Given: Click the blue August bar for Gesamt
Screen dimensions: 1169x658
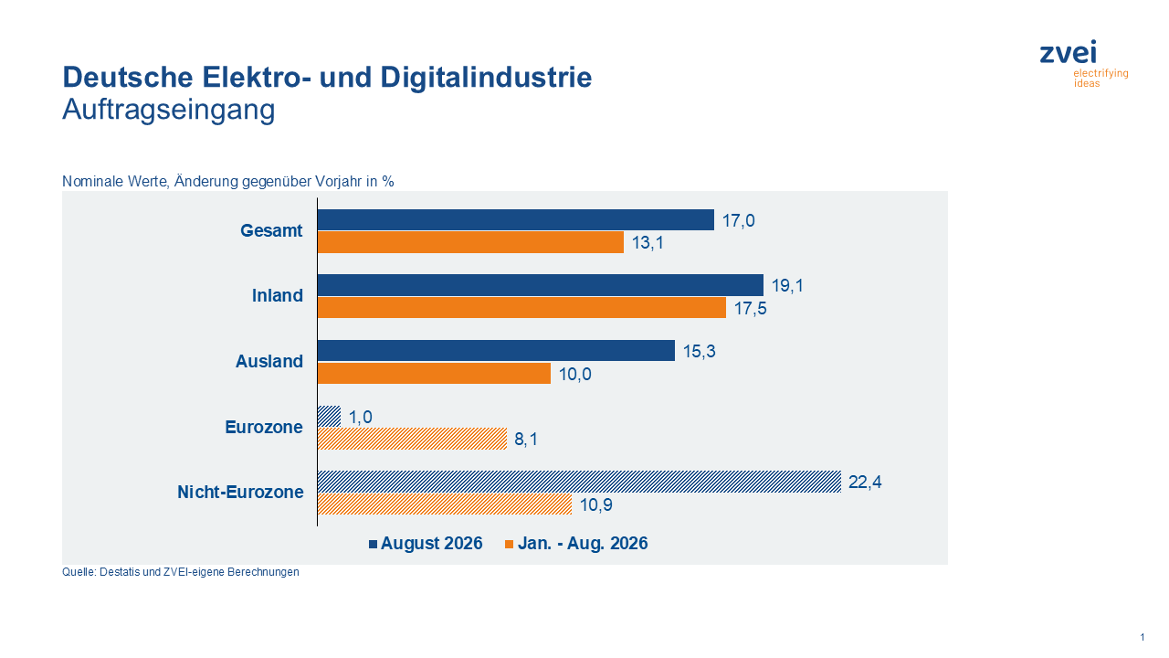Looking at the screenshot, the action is [x=516, y=220].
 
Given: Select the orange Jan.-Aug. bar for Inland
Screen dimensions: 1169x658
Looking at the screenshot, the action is [x=521, y=308].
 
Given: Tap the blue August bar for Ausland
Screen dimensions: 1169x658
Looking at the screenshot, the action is [x=496, y=350].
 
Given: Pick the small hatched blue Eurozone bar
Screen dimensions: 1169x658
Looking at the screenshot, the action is [x=330, y=416].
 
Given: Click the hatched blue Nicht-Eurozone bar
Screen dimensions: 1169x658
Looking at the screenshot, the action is [x=579, y=482].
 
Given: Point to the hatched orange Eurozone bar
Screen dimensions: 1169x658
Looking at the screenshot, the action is [x=412, y=439].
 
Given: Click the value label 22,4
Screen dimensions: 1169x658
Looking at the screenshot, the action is [x=865, y=482].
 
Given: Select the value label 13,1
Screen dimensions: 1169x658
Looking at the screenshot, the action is [x=648, y=243].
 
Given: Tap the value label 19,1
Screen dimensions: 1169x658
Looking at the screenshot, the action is [x=787, y=286].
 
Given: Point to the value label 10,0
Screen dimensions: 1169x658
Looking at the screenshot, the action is [x=575, y=374].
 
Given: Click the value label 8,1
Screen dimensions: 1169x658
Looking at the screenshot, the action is [x=526, y=440].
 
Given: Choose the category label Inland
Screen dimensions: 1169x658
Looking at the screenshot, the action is [x=277, y=295].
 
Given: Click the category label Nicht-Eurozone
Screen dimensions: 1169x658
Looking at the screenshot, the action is [x=240, y=492].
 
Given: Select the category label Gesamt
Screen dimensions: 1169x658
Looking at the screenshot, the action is [x=271, y=230].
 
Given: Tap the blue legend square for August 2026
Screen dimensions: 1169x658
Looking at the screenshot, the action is [x=374, y=544].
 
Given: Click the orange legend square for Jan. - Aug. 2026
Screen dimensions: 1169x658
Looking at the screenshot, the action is [x=510, y=544].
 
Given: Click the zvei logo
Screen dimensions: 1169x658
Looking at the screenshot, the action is [x=1084, y=64].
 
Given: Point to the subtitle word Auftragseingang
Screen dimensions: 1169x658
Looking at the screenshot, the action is [x=169, y=110].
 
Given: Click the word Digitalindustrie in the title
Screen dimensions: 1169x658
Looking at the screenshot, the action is [x=486, y=78].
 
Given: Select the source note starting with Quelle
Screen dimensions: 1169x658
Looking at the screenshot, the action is [x=181, y=572].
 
